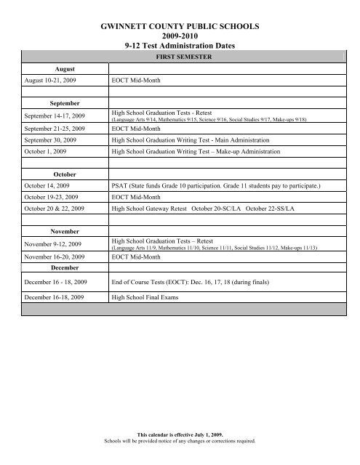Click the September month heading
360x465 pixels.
click(x=55, y=104)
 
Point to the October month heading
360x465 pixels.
click(x=55, y=175)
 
